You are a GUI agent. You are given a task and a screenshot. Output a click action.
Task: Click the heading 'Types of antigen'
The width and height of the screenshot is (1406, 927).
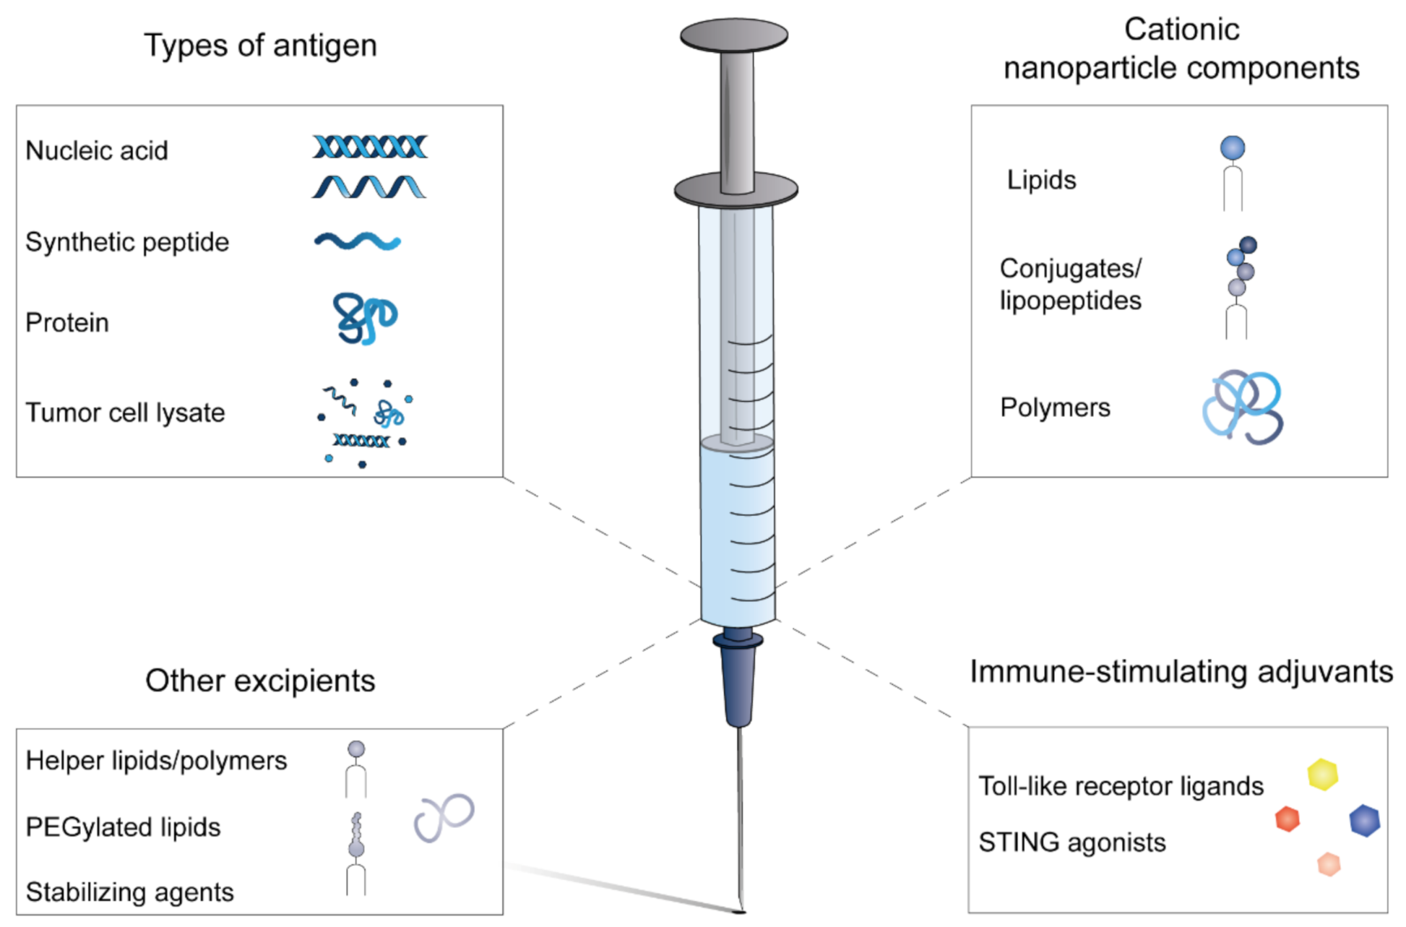(260, 46)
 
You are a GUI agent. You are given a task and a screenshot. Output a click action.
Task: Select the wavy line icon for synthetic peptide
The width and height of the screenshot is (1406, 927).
(357, 241)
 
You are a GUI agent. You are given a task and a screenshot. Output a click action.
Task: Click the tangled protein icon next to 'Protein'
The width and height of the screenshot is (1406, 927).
(364, 318)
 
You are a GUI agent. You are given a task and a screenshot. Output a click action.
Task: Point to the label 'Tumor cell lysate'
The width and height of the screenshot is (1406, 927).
(124, 412)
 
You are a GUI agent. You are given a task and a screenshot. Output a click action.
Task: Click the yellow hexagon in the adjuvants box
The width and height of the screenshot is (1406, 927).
(1322, 774)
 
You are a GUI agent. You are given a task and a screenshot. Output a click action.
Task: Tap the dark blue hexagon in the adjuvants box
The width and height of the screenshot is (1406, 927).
(1364, 820)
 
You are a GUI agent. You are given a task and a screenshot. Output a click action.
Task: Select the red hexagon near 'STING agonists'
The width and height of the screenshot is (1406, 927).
(1287, 819)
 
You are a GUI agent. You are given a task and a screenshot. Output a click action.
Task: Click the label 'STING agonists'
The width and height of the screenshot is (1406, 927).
(1072, 842)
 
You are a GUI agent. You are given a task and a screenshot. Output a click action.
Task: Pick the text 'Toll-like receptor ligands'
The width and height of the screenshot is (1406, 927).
(1121, 786)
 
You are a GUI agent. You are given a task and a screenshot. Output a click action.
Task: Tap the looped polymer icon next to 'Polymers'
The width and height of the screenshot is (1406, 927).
(1242, 407)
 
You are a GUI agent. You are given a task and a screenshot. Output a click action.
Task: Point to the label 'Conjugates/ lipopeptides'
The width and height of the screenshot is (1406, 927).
(1070, 285)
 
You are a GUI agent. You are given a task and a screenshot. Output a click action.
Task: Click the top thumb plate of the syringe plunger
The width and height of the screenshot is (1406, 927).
(734, 35)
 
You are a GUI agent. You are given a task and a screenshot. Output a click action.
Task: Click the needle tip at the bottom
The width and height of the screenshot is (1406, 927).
(740, 909)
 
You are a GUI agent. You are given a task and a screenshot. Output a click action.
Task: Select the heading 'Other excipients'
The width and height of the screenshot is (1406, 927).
(260, 681)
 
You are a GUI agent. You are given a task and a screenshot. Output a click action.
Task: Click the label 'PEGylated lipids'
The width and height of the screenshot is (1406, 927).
(123, 827)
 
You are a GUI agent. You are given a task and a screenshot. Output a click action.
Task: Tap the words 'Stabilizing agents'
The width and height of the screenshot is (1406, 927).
(130, 892)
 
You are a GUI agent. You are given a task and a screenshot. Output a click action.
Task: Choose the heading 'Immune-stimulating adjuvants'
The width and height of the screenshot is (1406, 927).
(1181, 672)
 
